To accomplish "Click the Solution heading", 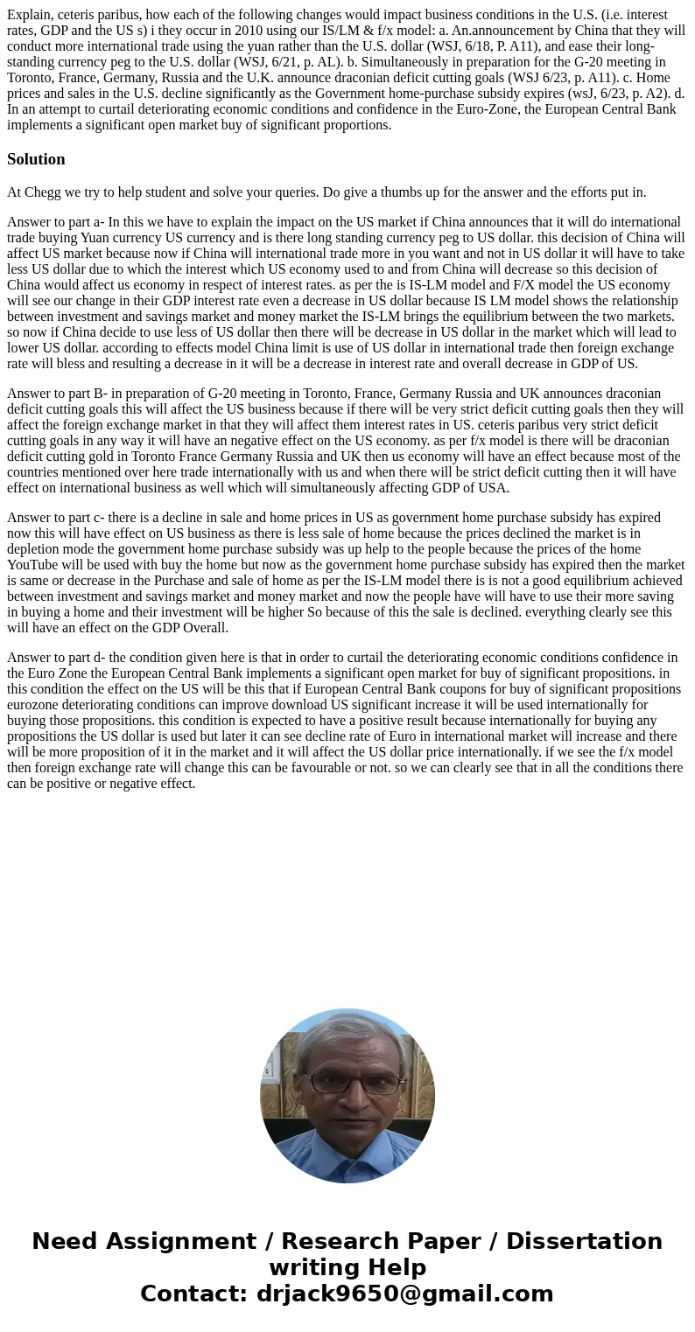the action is [x=36, y=159].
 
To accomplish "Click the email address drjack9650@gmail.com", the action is [x=404, y=1294].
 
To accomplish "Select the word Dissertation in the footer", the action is [x=584, y=1242].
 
